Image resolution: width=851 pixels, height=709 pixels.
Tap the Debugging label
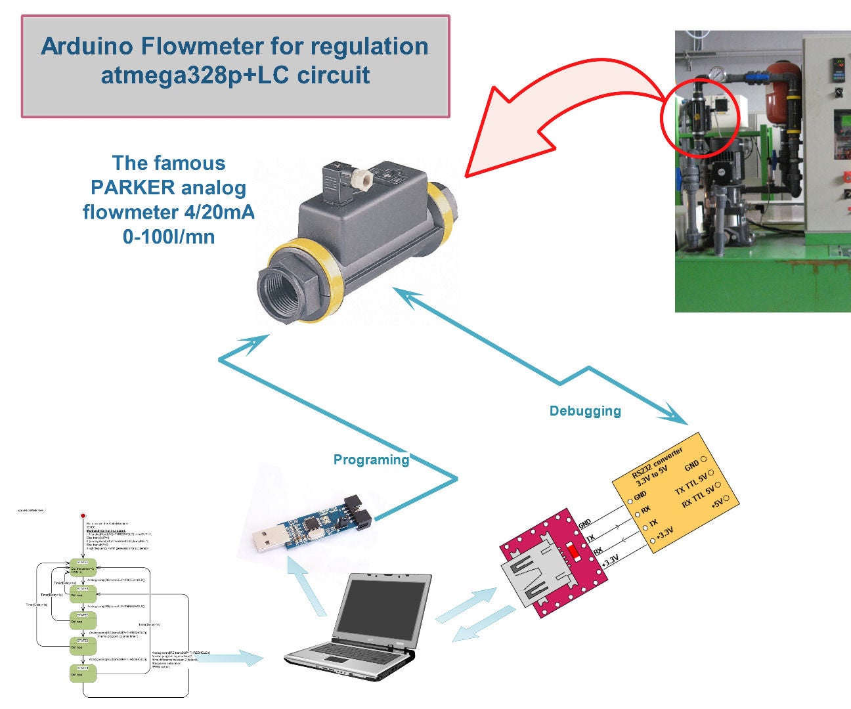click(585, 411)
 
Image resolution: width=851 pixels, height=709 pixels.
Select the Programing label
click(371, 460)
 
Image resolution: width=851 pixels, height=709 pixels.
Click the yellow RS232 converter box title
click(657, 463)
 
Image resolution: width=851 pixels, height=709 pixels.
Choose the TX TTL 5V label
click(691, 484)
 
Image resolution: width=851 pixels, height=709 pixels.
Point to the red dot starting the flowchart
click(83, 516)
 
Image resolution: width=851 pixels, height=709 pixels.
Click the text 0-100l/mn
click(169, 236)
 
